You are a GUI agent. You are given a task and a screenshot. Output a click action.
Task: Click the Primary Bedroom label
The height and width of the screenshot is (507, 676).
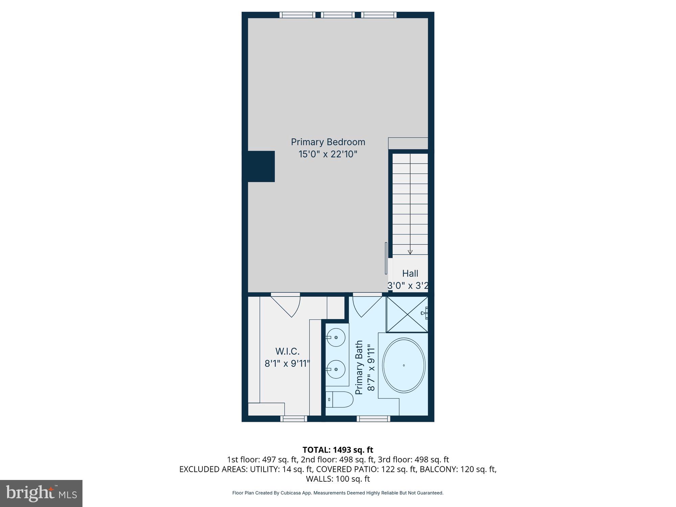tap(328, 142)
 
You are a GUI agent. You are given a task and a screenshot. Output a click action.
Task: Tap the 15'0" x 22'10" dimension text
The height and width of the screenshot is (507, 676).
tap(328, 154)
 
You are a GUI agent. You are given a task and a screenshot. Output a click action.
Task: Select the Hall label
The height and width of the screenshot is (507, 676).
tap(410, 273)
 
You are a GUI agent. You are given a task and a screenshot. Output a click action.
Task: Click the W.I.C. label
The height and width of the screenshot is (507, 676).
tap(287, 352)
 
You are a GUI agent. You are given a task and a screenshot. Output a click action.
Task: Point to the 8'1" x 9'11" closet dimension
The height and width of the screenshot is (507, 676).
tap(287, 364)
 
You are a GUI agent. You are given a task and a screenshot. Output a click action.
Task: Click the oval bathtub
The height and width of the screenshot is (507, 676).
tap(404, 365)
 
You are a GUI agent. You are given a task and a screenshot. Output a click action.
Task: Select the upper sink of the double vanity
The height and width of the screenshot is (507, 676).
tap(336, 337)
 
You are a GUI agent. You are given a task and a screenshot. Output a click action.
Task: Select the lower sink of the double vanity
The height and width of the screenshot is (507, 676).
tap(336, 369)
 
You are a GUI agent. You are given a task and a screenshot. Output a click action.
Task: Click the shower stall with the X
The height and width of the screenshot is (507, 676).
tap(407, 314)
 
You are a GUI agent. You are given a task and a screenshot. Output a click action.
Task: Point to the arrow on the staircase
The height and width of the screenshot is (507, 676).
tap(410, 252)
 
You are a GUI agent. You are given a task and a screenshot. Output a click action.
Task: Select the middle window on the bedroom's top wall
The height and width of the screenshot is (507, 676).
tap(338, 15)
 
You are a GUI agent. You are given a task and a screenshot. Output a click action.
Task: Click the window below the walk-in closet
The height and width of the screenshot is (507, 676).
tap(294, 419)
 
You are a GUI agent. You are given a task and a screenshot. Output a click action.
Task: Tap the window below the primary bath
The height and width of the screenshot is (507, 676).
tap(373, 419)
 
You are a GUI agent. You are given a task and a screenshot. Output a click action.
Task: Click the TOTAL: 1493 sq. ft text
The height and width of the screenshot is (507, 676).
tap(338, 450)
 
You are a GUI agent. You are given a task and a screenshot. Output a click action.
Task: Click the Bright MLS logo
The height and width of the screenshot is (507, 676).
tap(41, 493)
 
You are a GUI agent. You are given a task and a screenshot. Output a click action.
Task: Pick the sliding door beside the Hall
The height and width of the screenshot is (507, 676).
tap(386, 258)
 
